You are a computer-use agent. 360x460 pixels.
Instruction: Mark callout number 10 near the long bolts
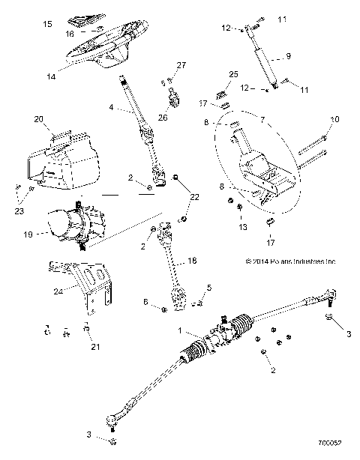coord(334,119)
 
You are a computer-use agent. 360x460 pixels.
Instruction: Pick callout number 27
coord(181,65)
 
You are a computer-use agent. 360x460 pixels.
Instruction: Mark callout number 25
coord(232,75)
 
